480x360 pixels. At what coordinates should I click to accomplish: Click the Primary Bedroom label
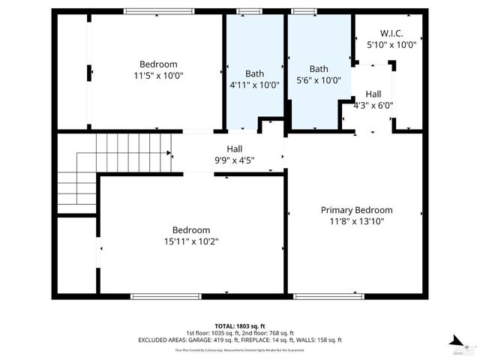point(356,210)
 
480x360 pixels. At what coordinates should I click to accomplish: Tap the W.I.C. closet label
point(391,33)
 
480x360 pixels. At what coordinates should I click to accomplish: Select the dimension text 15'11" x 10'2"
point(191,241)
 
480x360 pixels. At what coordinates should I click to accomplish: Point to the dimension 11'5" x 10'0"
point(158,76)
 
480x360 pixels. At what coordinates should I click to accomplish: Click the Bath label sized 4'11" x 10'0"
point(254,73)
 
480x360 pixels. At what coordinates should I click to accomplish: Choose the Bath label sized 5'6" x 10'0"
point(319,68)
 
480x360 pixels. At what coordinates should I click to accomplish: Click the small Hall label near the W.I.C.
point(373,94)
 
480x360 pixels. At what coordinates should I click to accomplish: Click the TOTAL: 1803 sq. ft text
point(240,325)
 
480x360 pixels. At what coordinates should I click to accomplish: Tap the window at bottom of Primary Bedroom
point(324,296)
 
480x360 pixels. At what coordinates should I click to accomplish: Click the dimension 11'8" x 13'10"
point(356,222)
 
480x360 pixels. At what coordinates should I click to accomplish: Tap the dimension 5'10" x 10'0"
point(391,45)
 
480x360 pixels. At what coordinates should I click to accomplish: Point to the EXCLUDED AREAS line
point(240,340)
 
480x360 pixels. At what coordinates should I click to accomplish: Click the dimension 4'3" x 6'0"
point(373,106)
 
